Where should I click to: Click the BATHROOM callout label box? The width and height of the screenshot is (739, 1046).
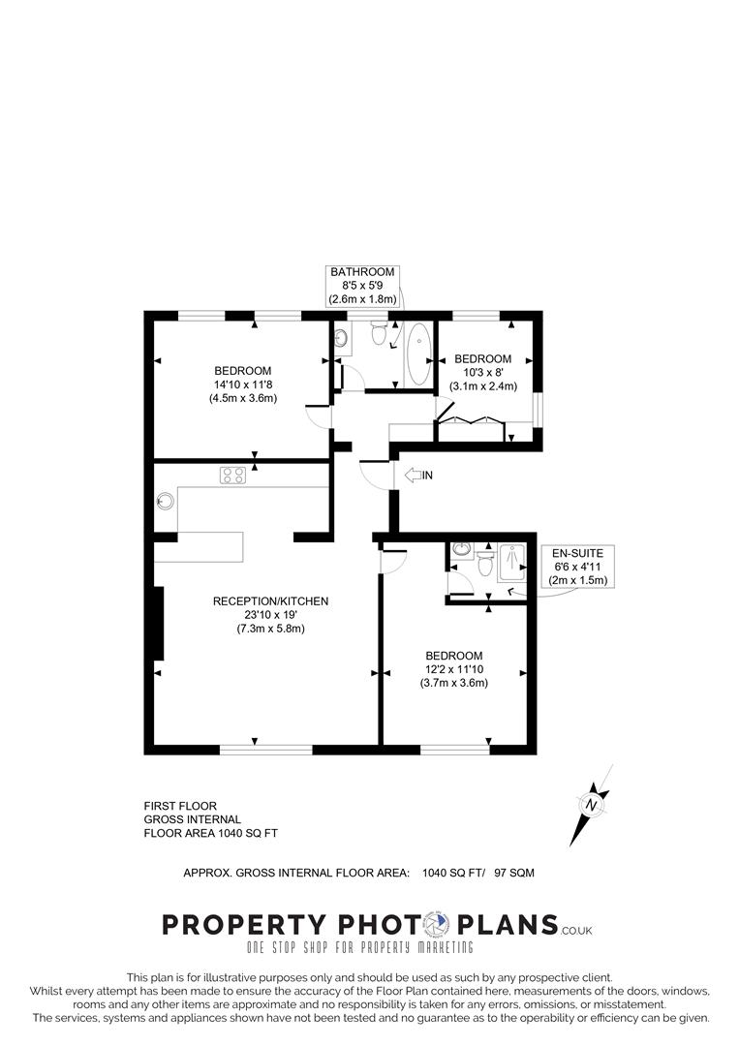point(362,287)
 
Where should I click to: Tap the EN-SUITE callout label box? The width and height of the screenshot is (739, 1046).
point(578,567)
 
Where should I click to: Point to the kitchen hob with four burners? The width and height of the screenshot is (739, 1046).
point(232,475)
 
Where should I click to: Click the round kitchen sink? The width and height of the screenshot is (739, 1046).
point(165,502)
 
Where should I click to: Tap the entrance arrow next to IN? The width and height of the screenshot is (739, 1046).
point(411,475)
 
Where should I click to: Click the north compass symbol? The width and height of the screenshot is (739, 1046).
point(592,804)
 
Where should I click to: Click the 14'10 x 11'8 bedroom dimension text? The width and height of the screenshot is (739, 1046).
point(243,385)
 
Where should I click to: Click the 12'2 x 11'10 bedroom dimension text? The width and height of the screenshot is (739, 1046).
point(453,669)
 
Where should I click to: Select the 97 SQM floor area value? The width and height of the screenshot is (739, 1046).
point(513,873)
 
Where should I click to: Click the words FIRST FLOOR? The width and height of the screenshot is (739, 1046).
point(180,806)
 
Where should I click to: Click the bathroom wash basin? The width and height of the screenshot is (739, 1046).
point(341,338)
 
